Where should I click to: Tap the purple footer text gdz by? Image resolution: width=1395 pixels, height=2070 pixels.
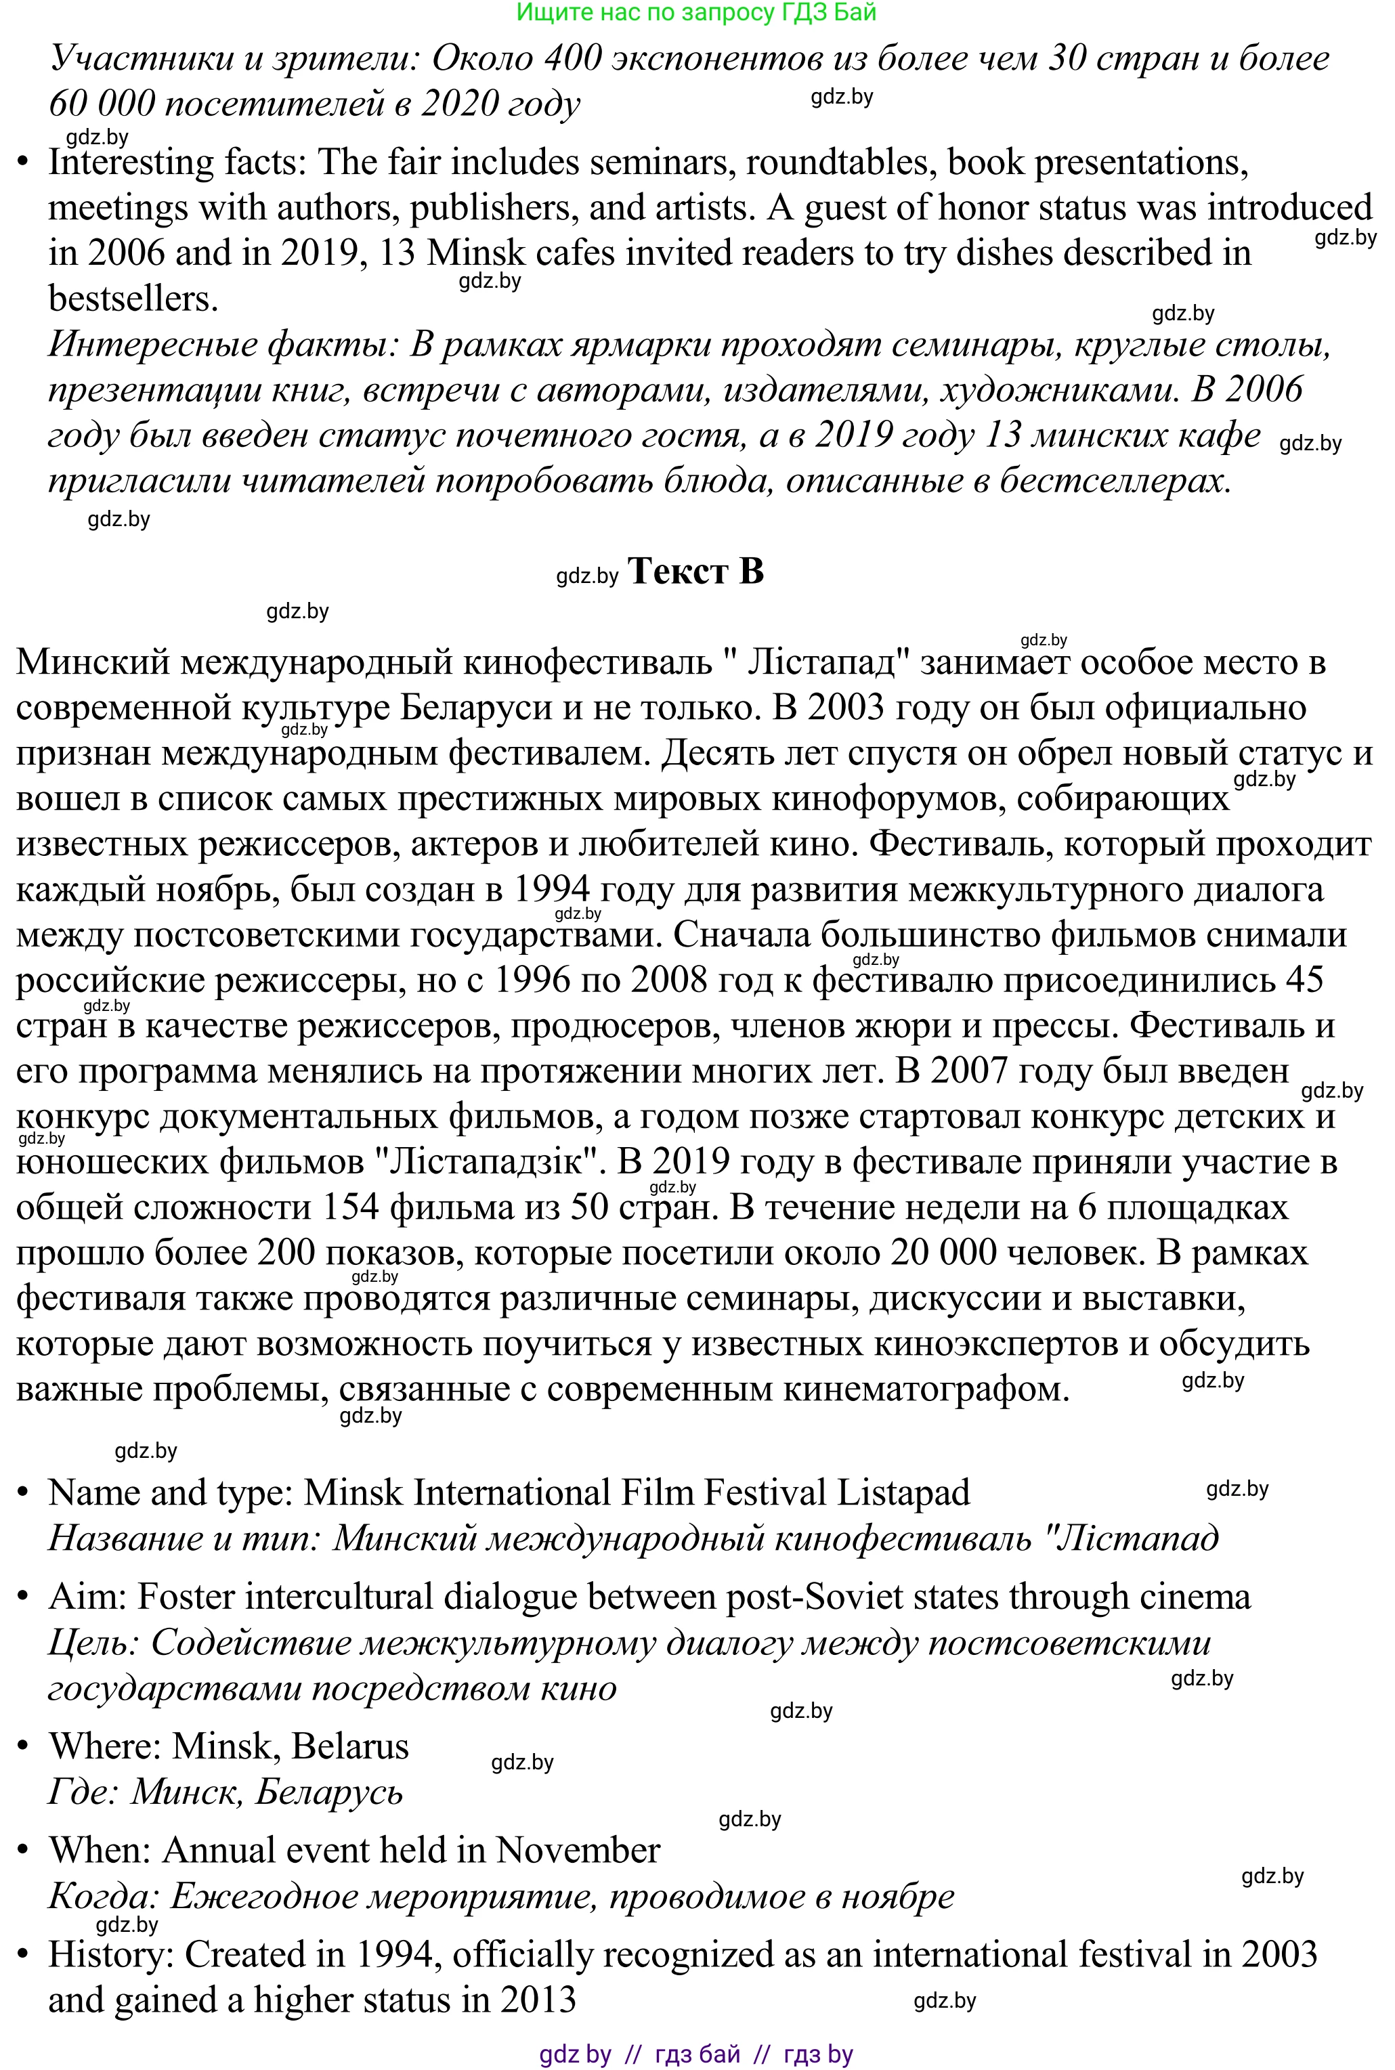pos(575,2053)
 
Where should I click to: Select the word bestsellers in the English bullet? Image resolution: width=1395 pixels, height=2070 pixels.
pos(133,299)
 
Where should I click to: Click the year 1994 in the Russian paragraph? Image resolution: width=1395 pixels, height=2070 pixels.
pos(553,888)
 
